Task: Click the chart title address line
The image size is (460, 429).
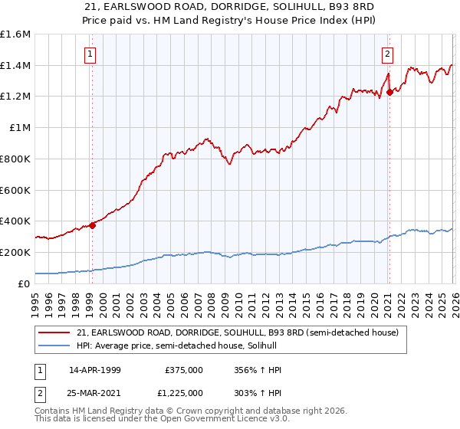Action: pos(230,7)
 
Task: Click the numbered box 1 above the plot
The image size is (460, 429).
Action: pos(91,54)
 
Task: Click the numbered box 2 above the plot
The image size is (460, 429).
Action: pos(388,54)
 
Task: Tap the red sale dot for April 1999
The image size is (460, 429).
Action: pos(93,225)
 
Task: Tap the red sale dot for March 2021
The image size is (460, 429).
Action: pos(389,92)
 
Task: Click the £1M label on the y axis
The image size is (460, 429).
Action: pos(20,128)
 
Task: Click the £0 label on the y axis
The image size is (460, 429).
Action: pos(25,283)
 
